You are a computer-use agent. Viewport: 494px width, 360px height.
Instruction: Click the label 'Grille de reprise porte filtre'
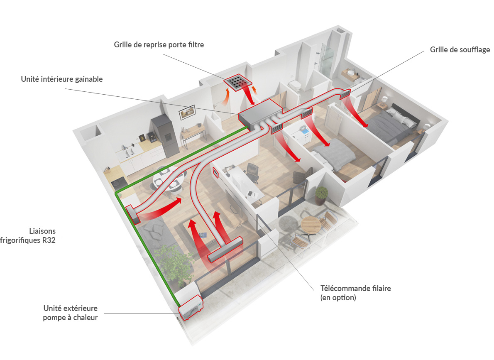pyautogui.click(x=159, y=45)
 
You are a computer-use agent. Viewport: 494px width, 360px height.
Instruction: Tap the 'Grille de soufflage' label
pyautogui.click(x=460, y=49)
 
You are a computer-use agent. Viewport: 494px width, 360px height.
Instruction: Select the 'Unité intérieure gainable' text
pyautogui.click(x=62, y=79)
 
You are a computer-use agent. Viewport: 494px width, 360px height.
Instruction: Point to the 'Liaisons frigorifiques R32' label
pyautogui.click(x=28, y=235)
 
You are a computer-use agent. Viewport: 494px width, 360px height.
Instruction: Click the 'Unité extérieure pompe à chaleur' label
pyautogui.click(x=71, y=313)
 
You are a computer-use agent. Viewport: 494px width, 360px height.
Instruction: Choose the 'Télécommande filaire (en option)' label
pyautogui.click(x=356, y=293)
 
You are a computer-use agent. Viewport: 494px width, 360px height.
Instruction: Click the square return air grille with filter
pyautogui.click(x=238, y=82)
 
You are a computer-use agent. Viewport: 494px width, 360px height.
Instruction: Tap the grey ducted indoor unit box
pyautogui.click(x=260, y=114)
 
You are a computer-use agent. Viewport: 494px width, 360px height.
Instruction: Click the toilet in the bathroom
pyautogui.click(x=295, y=84)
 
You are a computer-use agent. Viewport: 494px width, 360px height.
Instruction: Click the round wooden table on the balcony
pyautogui.click(x=311, y=225)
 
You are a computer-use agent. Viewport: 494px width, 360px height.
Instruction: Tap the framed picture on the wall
pyautogui.click(x=187, y=112)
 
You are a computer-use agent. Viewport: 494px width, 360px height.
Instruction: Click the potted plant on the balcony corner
pyautogui.click(x=321, y=196)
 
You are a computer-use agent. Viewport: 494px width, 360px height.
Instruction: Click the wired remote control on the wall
pyautogui.click(x=216, y=173)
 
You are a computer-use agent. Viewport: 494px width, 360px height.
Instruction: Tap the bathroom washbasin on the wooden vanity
pyautogui.click(x=351, y=73)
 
